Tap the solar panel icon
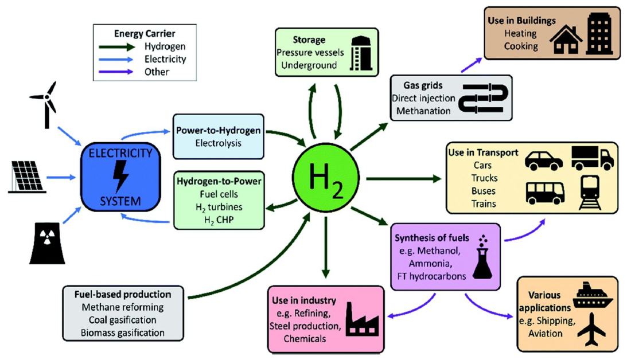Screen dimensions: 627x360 click(27, 177)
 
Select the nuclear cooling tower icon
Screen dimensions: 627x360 click(47, 243)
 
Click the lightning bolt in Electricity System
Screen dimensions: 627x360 click(121, 177)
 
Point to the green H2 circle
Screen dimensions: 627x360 click(326, 178)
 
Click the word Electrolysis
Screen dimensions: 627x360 click(219, 143)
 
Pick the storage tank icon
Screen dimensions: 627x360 click(361, 53)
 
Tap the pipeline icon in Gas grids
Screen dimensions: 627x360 click(483, 97)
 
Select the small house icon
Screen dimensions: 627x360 click(566, 40)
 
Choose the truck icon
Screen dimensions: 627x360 click(593, 158)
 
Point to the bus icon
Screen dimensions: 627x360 click(545, 193)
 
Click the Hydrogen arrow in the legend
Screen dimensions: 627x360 click(117, 47)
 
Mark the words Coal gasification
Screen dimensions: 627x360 click(122, 320)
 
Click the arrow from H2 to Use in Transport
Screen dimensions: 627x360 click(403, 179)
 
